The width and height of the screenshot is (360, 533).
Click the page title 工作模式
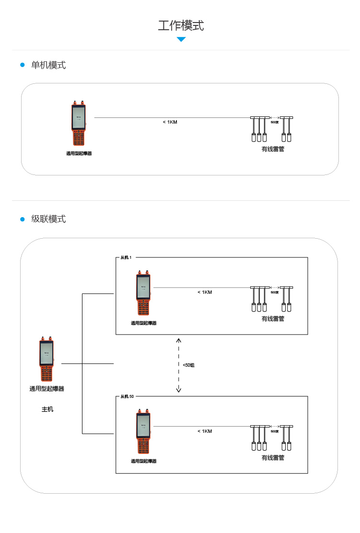tap(181, 25)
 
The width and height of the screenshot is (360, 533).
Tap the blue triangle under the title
tap(181, 39)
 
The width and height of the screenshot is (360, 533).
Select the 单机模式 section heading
tap(48, 65)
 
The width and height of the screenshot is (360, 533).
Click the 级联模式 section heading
tap(48, 219)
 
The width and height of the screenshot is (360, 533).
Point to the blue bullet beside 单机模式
tap(22, 65)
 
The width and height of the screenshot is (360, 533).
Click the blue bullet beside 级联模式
tap(22, 219)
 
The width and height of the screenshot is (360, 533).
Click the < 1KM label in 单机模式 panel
tap(170, 122)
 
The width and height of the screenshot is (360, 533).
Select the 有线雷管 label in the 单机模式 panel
tap(273, 149)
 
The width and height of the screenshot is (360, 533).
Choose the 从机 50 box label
tap(127, 397)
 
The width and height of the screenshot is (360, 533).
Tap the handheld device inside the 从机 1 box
tap(143, 293)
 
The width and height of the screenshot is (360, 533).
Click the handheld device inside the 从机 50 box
tap(143, 432)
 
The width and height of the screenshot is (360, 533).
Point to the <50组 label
tap(188, 365)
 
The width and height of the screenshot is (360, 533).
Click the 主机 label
tap(47, 409)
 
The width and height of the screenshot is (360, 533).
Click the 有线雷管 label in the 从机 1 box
tap(273, 319)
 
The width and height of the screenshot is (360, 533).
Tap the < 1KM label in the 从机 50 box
tap(205, 431)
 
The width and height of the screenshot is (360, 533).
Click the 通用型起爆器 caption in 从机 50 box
tap(144, 461)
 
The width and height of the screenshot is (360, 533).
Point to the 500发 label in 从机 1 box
tap(275, 292)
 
